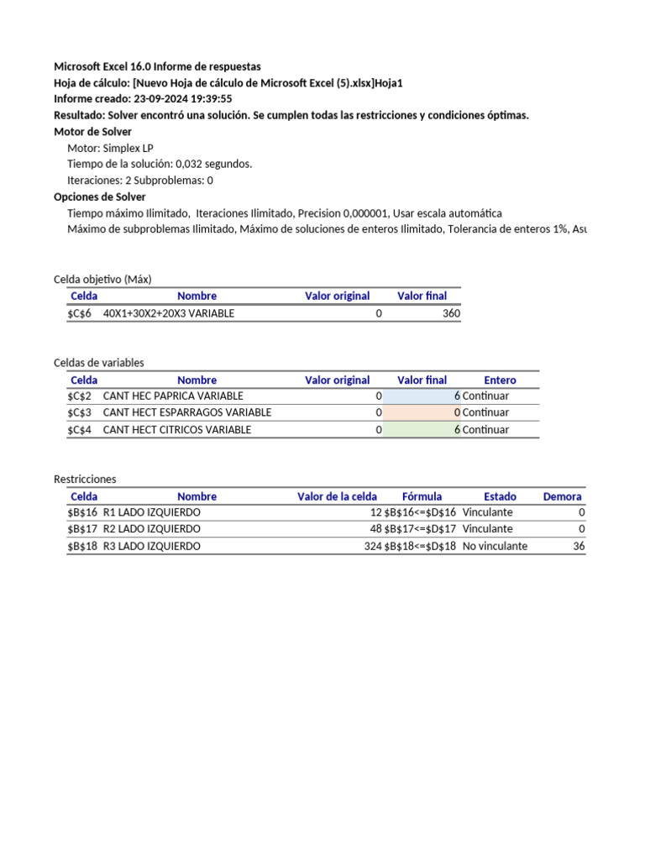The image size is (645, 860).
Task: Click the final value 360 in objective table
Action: [451, 313]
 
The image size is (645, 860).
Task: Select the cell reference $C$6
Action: [80, 313]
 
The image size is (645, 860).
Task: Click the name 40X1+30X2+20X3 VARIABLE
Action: [169, 313]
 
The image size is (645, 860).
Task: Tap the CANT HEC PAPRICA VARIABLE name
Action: [173, 396]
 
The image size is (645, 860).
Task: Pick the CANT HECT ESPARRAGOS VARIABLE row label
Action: [186, 412]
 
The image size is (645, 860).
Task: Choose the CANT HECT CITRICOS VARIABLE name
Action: [176, 429]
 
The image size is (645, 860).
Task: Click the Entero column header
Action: [500, 380]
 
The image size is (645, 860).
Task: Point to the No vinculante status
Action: [495, 546]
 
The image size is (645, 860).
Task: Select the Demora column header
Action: [562, 496]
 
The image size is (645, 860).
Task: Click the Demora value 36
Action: [578, 546]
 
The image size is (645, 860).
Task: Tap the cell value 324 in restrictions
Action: [373, 546]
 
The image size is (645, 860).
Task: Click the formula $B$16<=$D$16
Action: [420, 512]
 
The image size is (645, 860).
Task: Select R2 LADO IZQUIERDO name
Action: [152, 529]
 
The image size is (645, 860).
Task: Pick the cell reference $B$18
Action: [82, 546]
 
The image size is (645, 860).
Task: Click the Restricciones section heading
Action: [85, 479]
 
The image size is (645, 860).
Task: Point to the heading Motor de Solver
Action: [92, 132]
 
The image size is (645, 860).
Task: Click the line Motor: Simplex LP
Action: [110, 148]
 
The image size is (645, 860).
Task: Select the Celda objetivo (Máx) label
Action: [102, 279]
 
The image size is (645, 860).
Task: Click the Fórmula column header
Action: [422, 496]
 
